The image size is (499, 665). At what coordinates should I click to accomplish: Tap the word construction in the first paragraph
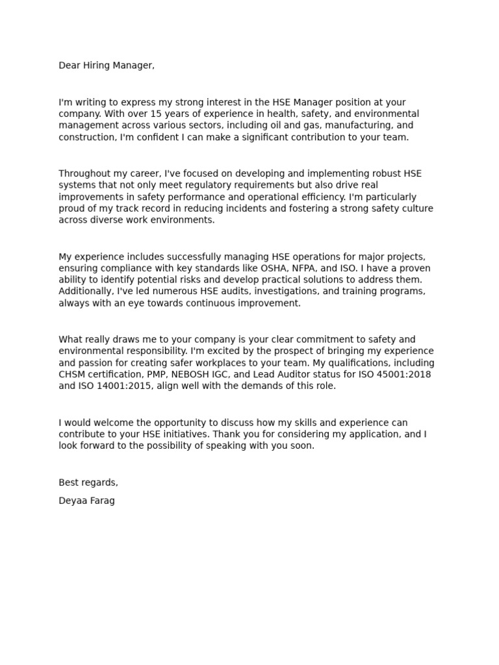[x=84, y=137]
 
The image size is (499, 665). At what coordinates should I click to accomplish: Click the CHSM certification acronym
[x=72, y=375]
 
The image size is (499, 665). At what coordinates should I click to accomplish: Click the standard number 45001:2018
[x=383, y=375]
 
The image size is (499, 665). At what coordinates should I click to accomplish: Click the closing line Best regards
[x=88, y=483]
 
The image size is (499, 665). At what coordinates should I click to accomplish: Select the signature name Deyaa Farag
[x=86, y=501]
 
